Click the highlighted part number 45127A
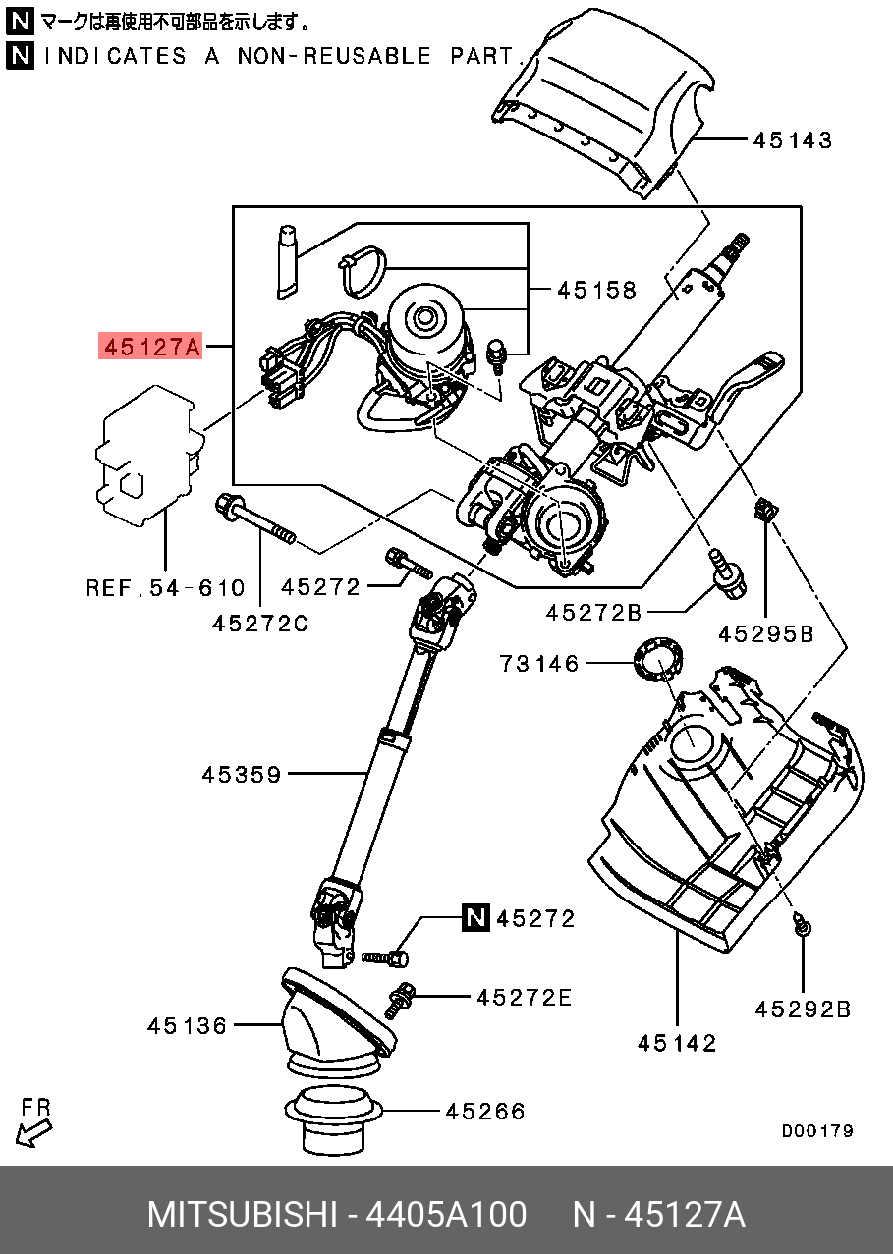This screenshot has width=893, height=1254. (150, 347)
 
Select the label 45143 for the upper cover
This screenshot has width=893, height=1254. (793, 140)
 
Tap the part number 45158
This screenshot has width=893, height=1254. (596, 290)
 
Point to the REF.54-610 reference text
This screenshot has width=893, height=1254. (165, 588)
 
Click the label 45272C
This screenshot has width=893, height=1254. (260, 624)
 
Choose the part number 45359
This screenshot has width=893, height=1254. (242, 775)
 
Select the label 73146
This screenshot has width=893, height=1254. (539, 665)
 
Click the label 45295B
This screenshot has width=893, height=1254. (766, 634)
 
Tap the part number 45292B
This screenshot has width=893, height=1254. (803, 1009)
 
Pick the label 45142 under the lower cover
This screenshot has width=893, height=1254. (677, 1043)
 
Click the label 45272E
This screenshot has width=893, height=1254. (524, 998)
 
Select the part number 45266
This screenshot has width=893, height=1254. (485, 1112)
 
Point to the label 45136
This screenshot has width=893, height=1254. (187, 1026)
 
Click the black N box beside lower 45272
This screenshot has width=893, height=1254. (475, 917)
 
